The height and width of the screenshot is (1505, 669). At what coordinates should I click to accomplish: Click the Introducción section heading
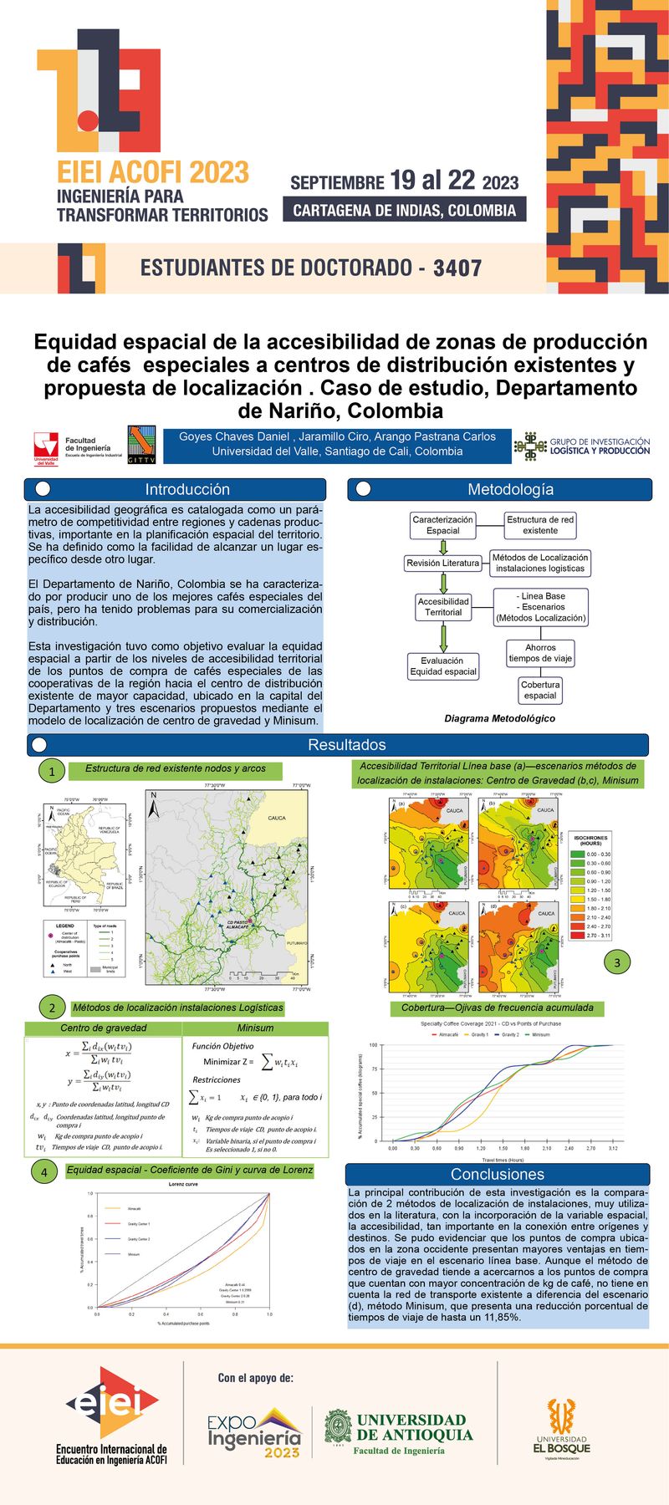186,489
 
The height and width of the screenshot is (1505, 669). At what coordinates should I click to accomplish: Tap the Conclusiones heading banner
497,1174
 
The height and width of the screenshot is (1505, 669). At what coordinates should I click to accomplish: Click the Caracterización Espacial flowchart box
442,524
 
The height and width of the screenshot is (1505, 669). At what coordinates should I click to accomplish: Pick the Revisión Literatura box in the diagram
442,563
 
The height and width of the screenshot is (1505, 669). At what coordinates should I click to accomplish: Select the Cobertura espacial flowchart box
540,690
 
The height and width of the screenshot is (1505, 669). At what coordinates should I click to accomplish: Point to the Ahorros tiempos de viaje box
540,652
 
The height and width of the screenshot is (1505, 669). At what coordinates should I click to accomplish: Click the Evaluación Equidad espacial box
442,666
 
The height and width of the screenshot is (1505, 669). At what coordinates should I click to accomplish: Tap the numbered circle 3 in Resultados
617,962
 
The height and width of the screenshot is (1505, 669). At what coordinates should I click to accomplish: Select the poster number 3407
457,268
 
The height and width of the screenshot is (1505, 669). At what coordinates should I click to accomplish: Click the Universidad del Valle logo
46,447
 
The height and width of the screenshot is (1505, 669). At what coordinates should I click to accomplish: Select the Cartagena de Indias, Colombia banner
405,210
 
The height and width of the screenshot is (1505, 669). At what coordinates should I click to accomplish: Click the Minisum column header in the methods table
255,1028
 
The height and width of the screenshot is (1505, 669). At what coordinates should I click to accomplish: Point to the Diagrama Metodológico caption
499,718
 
